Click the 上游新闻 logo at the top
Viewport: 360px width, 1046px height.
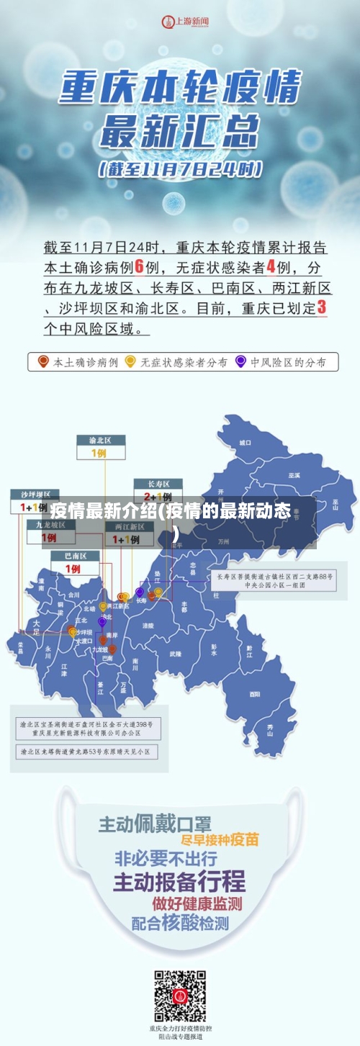coord(184,22)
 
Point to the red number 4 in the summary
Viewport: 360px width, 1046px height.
coord(271,267)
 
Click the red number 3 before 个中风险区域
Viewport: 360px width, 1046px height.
coord(322,307)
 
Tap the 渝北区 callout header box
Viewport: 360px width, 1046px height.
coord(101,440)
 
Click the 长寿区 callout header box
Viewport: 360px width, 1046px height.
coord(158,483)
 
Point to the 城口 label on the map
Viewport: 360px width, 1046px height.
coord(246,442)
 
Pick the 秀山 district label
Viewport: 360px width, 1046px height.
coord(271,730)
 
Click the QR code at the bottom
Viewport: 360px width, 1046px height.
coord(180,996)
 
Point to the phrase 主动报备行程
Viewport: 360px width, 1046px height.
coord(179,880)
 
